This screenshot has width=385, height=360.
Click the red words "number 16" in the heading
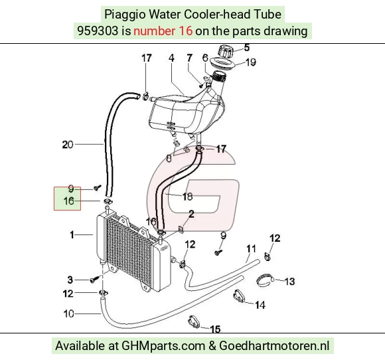click(163, 31)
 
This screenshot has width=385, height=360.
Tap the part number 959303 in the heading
click(98, 31)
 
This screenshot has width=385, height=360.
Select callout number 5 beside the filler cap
click(247, 48)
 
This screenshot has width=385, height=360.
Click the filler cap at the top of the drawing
click(224, 51)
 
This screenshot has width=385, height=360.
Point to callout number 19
click(251, 62)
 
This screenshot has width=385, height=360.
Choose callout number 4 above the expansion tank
click(171, 58)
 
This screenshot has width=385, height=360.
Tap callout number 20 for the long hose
click(68, 145)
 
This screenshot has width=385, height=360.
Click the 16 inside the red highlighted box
click(68, 201)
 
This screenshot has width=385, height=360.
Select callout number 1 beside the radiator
click(72, 235)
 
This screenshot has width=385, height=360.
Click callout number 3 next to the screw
click(70, 280)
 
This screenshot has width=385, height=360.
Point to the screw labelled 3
click(94, 279)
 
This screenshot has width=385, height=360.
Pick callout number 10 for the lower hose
click(68, 314)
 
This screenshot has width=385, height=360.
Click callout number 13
click(289, 282)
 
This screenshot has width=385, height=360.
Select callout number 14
click(260, 305)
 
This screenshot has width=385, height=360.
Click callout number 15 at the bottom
click(215, 329)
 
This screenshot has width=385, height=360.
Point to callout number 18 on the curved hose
click(187, 197)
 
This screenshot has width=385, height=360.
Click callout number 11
click(251, 249)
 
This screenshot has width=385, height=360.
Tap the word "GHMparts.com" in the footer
click(163, 346)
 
